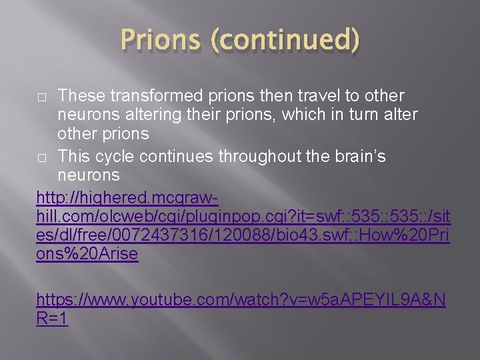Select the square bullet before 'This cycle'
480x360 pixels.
tap(42, 157)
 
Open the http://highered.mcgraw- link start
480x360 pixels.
tap(127, 197)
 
